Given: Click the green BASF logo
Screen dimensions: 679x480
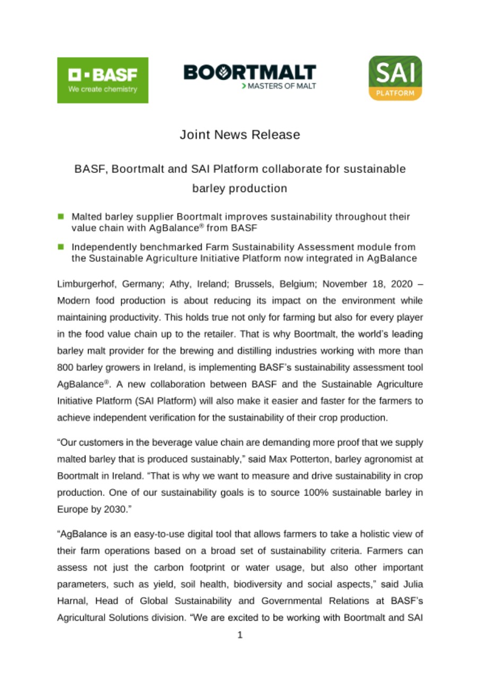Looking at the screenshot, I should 102,80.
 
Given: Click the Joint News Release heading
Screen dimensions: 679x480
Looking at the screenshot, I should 240,135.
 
